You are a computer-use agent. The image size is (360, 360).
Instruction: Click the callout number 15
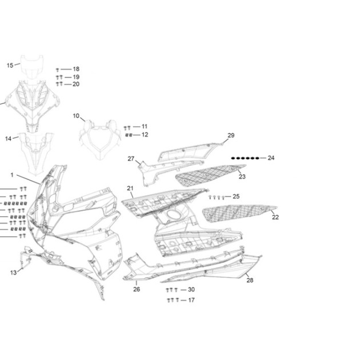coord(10,66)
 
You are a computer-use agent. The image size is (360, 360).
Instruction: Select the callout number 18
coord(76,69)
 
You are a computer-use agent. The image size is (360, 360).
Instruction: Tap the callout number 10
coord(76,116)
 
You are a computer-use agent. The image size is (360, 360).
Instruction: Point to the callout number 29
coord(231,135)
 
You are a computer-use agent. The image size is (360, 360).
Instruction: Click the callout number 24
coord(271,158)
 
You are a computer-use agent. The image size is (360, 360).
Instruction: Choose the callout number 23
coord(242,177)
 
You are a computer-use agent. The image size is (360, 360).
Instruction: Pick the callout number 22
coord(275,217)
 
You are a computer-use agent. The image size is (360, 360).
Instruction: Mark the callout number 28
coord(250,280)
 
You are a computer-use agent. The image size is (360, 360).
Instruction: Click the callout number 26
coord(137,289)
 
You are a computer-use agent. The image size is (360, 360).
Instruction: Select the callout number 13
coord(13,273)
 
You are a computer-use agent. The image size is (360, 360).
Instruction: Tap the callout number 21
coord(130,188)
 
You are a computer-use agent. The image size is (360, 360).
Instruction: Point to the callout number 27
coord(131,159)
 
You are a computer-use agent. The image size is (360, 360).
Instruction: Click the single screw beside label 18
coord(57,70)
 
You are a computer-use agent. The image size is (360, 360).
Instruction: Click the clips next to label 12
coord(129,135)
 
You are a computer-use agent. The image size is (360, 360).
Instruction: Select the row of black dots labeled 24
coord(245,158)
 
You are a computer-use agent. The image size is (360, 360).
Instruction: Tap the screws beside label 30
coord(172,290)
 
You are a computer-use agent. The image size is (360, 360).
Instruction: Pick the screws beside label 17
coord(173,300)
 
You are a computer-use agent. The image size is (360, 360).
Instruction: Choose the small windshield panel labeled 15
coord(32,67)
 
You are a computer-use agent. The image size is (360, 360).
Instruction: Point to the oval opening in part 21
coord(174,214)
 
